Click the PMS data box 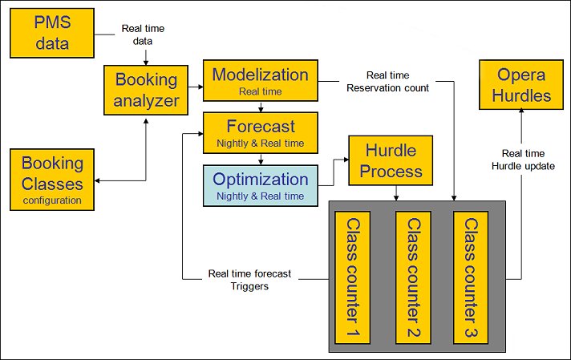pos(51,33)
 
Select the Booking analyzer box pos(146,91)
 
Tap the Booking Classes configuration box pos(51,180)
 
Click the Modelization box pos(260,80)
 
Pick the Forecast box pos(260,132)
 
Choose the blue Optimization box pos(260,185)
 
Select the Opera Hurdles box pos(521,86)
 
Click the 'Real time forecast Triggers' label pos(249,279)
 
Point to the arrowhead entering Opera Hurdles pos(522,110)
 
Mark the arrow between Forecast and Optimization pos(260,158)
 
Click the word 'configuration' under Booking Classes pos(51,200)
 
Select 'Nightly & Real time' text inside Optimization pos(260,196)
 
